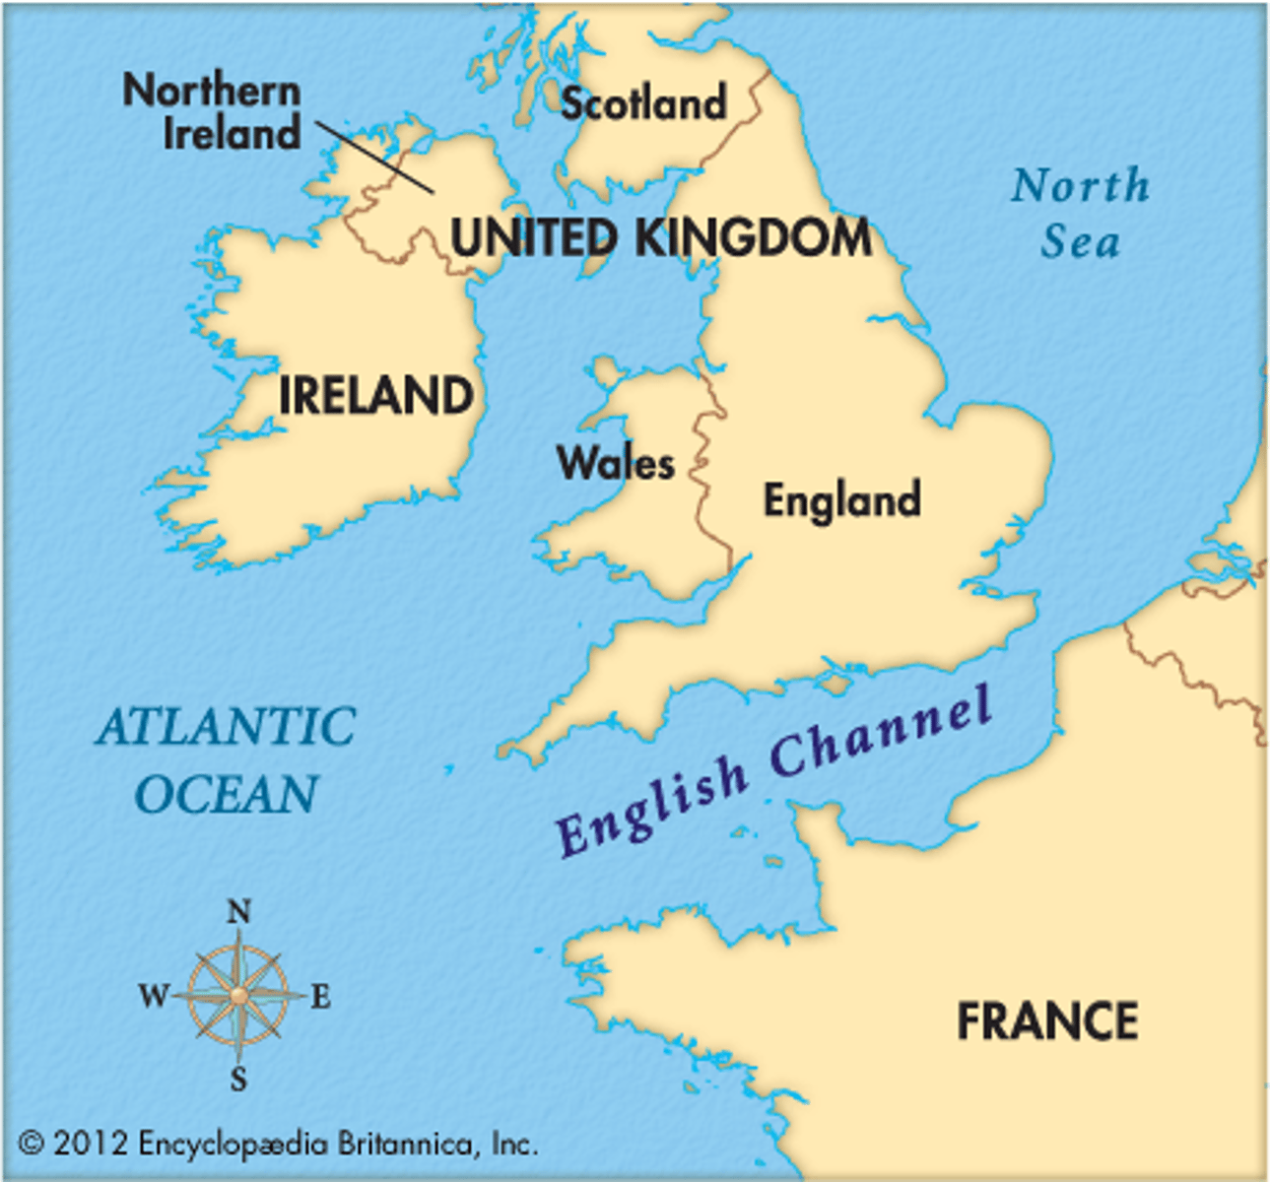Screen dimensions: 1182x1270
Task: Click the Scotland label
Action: pos(643,103)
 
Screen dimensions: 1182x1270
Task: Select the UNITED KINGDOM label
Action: pos(660,238)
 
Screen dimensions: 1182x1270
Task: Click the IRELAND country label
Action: pos(375,396)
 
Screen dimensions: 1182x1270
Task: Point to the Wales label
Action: pos(616,463)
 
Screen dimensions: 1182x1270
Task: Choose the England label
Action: pos(842,499)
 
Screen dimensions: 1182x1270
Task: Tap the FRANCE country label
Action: pos(1047,1020)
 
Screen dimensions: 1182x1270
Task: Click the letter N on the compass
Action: pos(238,912)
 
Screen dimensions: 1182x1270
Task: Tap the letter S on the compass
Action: pos(238,1081)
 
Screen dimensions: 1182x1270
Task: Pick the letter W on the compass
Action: pos(155,996)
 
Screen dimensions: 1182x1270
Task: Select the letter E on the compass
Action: pos(320,998)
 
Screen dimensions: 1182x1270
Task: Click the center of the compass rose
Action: pos(238,996)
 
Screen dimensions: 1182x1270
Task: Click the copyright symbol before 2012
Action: pos(32,1144)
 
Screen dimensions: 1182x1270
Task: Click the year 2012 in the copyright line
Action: pos(91,1144)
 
